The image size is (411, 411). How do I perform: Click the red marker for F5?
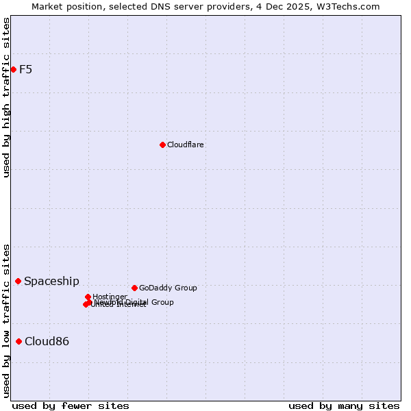click(x=13, y=69)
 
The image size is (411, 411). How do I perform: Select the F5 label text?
click(x=25, y=69)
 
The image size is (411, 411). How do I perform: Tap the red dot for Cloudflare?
click(x=162, y=145)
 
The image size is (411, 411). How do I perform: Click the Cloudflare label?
click(x=185, y=145)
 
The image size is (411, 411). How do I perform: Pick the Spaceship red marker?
click(x=18, y=281)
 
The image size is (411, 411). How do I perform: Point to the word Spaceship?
click(x=51, y=281)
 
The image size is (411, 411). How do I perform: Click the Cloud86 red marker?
click(x=18, y=341)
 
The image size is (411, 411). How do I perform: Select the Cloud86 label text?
click(x=47, y=341)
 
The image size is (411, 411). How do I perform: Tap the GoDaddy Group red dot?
click(x=134, y=288)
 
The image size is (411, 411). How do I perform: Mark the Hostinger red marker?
click(x=88, y=297)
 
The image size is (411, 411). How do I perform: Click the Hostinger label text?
click(x=110, y=297)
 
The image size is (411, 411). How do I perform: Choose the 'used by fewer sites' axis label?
click(x=71, y=406)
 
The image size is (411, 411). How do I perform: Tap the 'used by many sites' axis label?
click(x=344, y=406)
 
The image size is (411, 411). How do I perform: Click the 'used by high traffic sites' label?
click(x=6, y=97)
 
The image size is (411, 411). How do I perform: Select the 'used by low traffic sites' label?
click(x=6, y=320)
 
